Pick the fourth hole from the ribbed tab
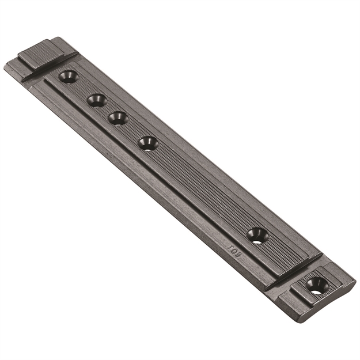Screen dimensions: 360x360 [148, 142]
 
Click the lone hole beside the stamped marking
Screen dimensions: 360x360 [257, 234]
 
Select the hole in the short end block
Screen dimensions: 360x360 [316, 284]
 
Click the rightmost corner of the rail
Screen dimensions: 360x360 [355, 281]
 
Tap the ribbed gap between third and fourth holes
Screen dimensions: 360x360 [133, 130]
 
